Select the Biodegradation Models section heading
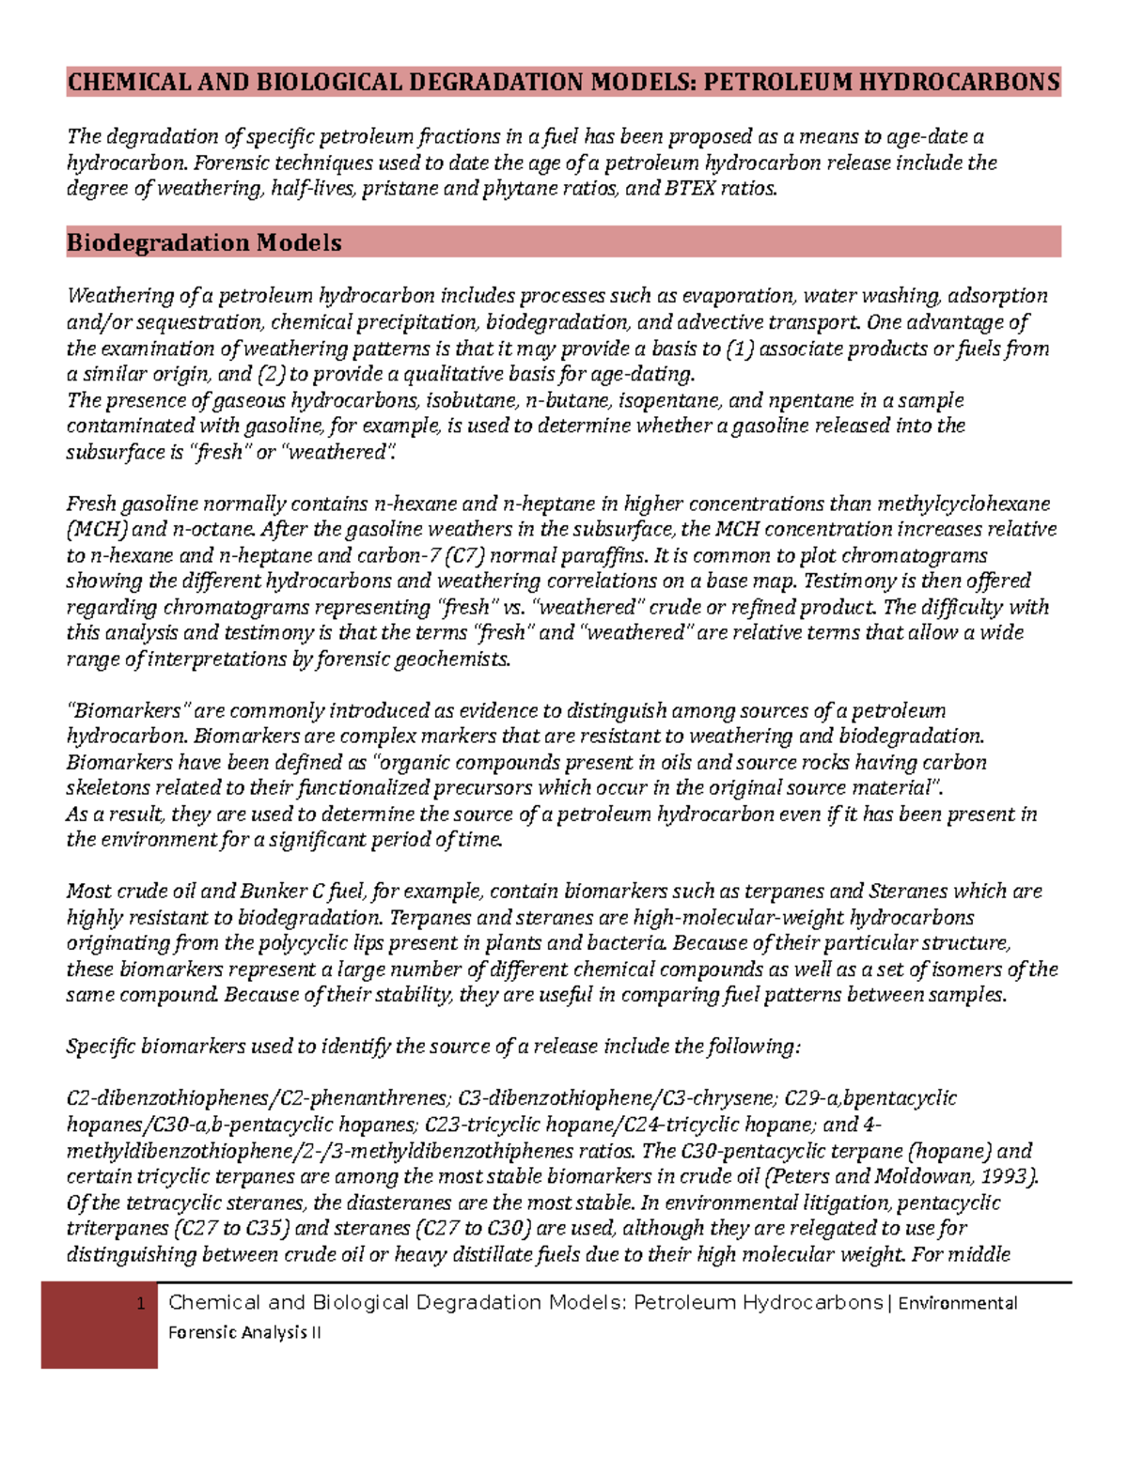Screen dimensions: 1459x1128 point(204,242)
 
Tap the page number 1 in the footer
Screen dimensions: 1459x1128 point(140,1303)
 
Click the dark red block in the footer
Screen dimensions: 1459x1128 point(99,1325)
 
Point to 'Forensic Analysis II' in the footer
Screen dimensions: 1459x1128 point(244,1332)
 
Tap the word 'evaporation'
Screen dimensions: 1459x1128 point(739,296)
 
